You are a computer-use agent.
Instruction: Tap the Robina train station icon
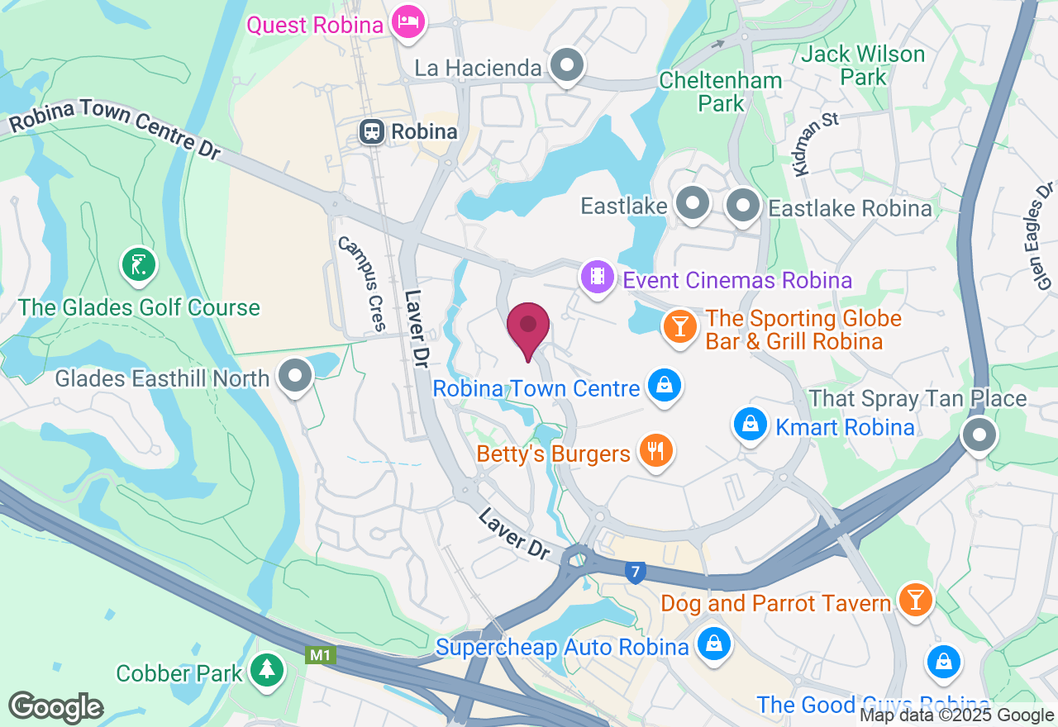point(372,131)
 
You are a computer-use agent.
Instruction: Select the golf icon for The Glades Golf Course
point(139,265)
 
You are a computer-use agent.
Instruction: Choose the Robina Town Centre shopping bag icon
point(663,385)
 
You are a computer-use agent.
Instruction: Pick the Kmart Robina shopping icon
point(750,425)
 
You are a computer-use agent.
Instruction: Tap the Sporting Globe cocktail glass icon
point(679,325)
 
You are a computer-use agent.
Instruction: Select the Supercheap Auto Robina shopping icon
point(712,644)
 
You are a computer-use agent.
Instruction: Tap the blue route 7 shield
point(634,572)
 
